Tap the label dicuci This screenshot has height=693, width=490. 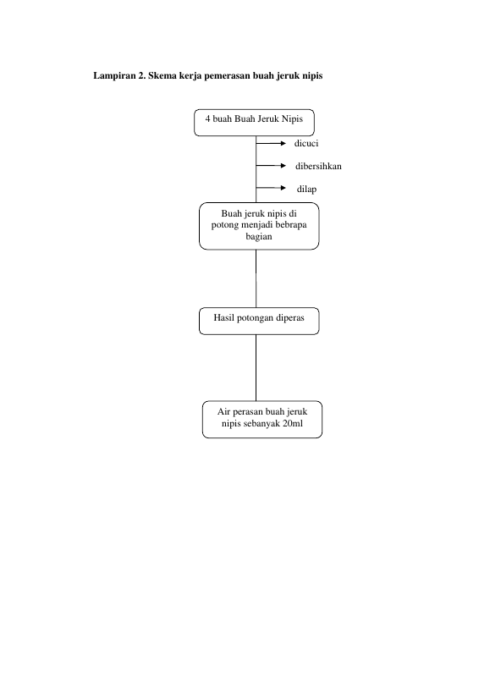306,143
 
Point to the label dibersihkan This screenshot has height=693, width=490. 318,166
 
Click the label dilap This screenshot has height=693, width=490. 306,190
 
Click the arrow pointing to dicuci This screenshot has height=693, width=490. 271,143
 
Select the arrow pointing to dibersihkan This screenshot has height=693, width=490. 271,166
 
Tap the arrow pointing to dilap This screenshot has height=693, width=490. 271,188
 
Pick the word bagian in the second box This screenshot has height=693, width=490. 259,236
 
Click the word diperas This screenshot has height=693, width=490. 289,318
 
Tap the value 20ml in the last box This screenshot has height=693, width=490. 293,423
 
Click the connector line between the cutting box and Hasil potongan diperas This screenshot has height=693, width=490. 256,279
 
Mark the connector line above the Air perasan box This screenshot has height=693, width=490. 256,368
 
